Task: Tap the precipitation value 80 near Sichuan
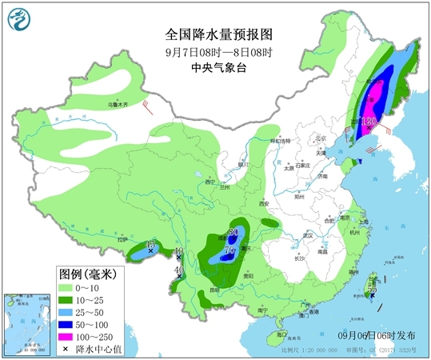[233, 233]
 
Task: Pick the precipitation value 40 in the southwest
[179, 270]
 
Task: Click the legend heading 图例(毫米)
[88, 274]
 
